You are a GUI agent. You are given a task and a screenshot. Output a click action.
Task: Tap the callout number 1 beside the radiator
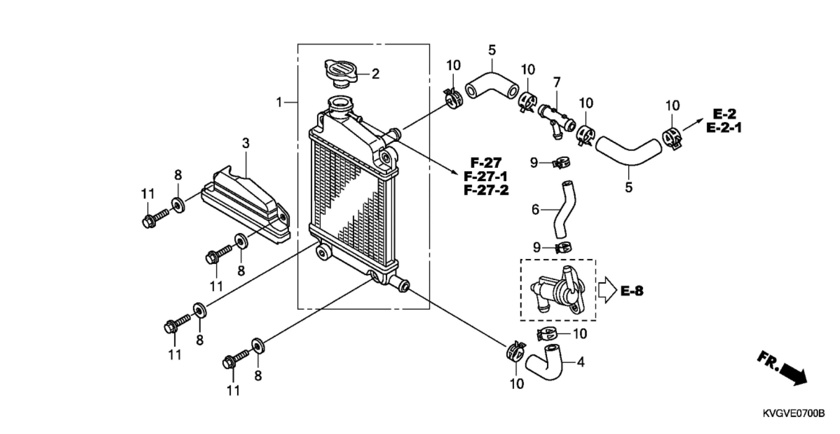279,103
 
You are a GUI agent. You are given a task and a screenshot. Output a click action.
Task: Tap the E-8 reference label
632,291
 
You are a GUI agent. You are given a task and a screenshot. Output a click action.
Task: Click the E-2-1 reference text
724,128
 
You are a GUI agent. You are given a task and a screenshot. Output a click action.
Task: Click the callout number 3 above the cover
245,143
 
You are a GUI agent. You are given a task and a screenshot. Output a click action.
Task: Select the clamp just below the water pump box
546,334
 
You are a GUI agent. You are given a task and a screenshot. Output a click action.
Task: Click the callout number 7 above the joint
557,82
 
